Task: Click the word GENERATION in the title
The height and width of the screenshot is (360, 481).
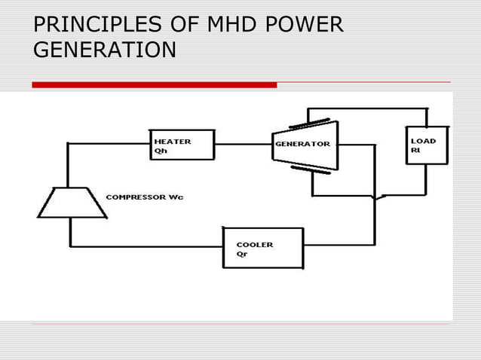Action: [105, 50]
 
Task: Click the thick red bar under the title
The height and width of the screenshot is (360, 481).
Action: [154, 85]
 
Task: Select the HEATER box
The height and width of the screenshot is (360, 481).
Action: [182, 145]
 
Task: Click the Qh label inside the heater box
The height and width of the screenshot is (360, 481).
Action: [161, 150]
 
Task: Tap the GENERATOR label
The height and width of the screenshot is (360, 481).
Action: [302, 144]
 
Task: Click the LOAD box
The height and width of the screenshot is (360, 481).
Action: [426, 145]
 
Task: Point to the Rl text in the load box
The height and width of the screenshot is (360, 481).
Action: [415, 150]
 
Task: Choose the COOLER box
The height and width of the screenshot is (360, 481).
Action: [263, 248]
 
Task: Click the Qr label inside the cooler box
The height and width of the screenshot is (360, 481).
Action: [242, 254]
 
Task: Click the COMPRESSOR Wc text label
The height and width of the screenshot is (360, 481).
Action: [143, 197]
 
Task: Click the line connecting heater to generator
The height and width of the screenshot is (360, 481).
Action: [243, 144]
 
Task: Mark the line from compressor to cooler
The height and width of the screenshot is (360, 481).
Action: [143, 246]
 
